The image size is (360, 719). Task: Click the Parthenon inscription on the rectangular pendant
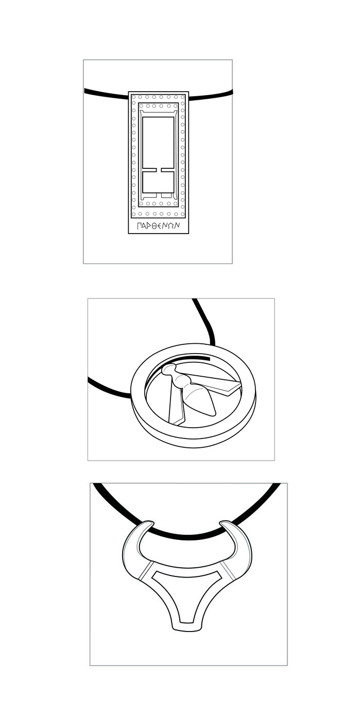[x=158, y=225]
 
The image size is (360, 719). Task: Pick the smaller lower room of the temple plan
[x=158, y=182]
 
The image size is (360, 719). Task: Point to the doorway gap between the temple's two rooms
[x=158, y=169]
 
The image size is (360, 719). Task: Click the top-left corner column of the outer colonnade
[x=133, y=97]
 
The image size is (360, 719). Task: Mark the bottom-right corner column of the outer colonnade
[x=183, y=214]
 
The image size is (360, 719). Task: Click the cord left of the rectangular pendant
[x=106, y=93]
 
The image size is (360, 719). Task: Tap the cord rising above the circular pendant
[x=204, y=322]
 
